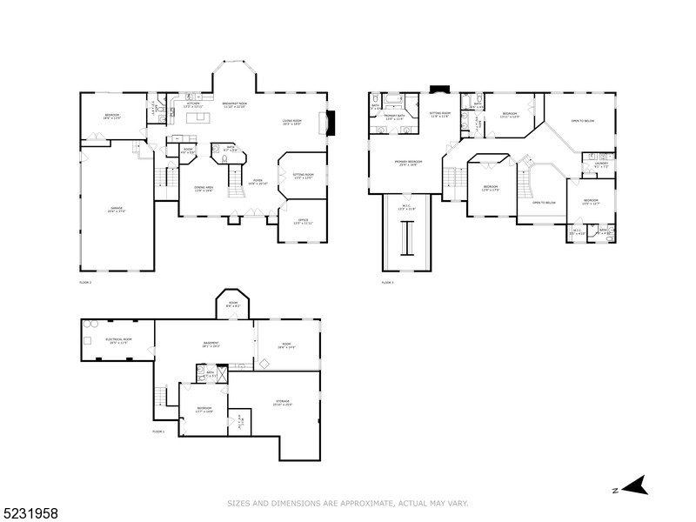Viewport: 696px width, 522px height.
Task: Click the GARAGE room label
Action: [x=116, y=209]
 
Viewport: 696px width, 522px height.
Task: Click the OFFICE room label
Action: [x=303, y=221]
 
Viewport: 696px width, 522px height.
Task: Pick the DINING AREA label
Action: [x=204, y=188]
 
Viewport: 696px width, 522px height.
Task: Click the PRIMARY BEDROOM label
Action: [x=409, y=163]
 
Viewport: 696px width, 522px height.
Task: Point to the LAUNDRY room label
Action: [x=601, y=163]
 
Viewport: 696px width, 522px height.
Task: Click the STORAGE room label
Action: [x=282, y=402]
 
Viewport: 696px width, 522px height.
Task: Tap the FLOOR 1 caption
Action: [x=158, y=432]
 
